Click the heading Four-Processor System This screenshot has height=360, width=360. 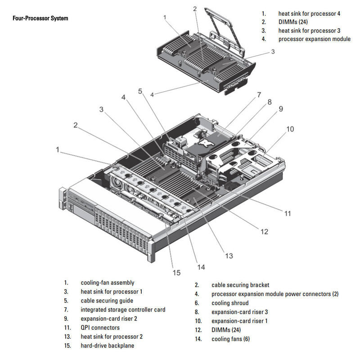(x=40, y=18)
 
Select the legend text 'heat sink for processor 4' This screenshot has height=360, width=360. (x=309, y=13)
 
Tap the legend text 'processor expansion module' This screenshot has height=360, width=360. (x=314, y=39)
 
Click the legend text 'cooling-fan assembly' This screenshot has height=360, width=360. (x=108, y=283)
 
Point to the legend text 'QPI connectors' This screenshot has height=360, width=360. (x=100, y=328)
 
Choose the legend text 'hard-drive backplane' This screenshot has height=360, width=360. (x=108, y=346)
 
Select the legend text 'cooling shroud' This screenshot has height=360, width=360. (x=230, y=303)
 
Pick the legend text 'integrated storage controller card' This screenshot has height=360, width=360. (x=123, y=310)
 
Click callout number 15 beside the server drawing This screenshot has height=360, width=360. (x=176, y=272)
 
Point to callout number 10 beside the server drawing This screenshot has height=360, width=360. (x=290, y=129)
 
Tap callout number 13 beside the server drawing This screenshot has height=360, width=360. (x=229, y=256)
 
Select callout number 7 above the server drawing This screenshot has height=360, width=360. (x=259, y=95)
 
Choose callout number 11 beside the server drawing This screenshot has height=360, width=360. (x=288, y=213)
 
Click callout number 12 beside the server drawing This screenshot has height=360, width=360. (x=264, y=231)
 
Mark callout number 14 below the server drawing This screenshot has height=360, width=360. (x=201, y=267)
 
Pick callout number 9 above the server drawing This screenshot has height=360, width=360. (x=280, y=108)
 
